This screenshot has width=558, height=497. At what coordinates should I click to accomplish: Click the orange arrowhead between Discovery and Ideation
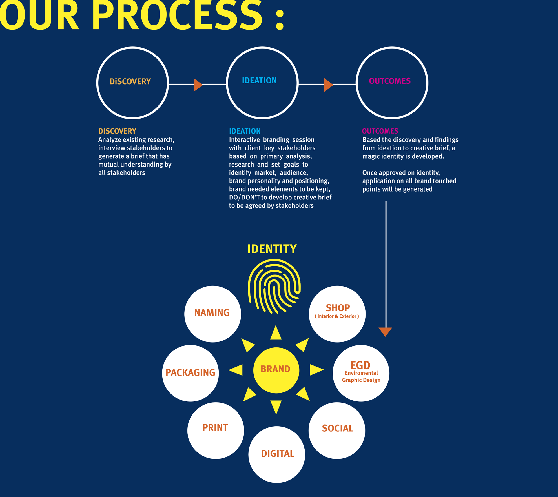[198, 85]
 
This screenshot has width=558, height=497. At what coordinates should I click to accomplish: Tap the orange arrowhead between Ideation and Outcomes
[329, 85]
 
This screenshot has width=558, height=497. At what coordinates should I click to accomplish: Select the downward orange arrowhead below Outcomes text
[385, 332]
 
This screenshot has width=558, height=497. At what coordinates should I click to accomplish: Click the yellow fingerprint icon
[274, 287]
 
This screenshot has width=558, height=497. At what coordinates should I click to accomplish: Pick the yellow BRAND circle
[276, 370]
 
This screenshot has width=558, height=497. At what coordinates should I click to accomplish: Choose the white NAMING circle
[213, 314]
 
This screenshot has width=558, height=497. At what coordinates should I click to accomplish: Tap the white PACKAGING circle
[191, 373]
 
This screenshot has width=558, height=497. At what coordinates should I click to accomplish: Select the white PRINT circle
[216, 431]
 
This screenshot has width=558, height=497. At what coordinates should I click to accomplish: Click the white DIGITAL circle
[277, 454]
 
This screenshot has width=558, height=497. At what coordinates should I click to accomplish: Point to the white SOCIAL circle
[337, 431]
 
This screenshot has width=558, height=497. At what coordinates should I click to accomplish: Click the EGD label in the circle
[360, 365]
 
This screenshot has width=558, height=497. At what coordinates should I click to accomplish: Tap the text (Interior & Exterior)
[337, 316]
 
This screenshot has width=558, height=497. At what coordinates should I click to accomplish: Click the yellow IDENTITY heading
[272, 249]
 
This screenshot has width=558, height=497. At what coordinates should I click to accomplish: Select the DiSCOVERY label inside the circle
[130, 82]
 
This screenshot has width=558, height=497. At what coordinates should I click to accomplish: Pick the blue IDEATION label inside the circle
[259, 81]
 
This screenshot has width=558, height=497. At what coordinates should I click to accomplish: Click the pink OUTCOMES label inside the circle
[390, 81]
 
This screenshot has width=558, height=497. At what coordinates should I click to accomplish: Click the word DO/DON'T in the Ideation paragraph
[244, 197]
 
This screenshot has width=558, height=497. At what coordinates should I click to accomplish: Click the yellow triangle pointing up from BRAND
[276, 333]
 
